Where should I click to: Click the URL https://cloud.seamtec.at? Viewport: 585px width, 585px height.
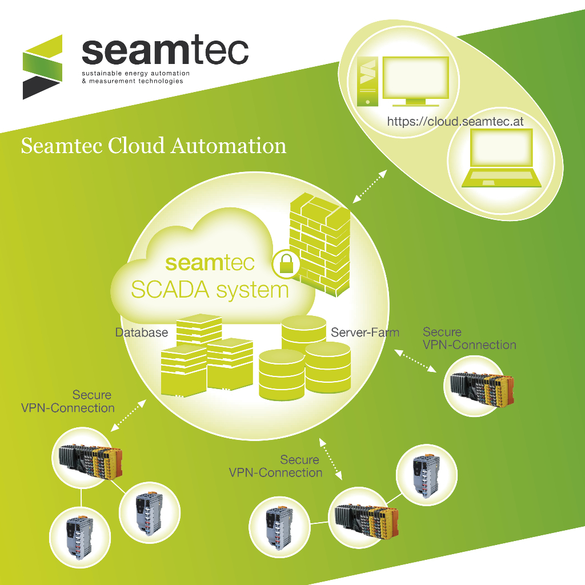(455, 122)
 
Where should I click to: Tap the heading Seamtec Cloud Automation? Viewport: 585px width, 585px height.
(153, 146)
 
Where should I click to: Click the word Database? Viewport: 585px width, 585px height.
(142, 332)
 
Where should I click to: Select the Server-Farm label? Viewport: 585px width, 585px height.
(365, 332)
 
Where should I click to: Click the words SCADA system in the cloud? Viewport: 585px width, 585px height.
(210, 290)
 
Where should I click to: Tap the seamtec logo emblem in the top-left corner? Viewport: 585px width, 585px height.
(42, 66)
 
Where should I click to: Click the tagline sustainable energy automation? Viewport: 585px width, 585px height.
(135, 74)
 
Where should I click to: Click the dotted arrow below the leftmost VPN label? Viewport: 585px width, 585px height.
(128, 415)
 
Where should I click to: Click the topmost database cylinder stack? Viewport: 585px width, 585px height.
(304, 332)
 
